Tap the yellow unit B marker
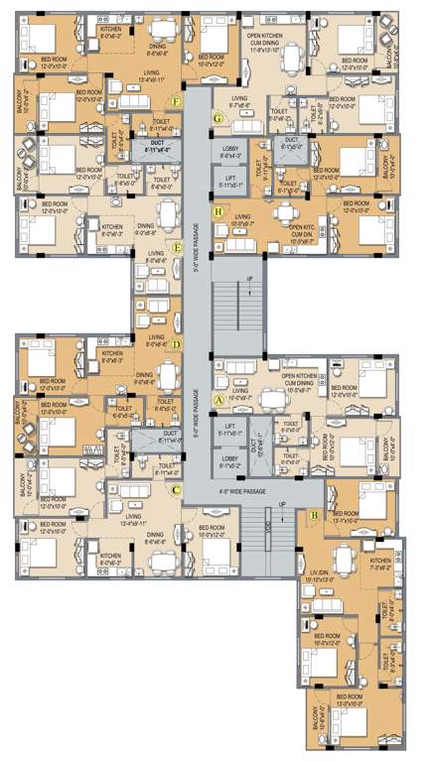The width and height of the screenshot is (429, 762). tap(314, 515)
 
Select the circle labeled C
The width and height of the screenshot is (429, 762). tap(177, 489)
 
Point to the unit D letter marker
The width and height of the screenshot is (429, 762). tap(176, 345)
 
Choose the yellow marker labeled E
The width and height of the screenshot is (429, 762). tap(177, 248)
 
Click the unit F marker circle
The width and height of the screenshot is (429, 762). tap(177, 101)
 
